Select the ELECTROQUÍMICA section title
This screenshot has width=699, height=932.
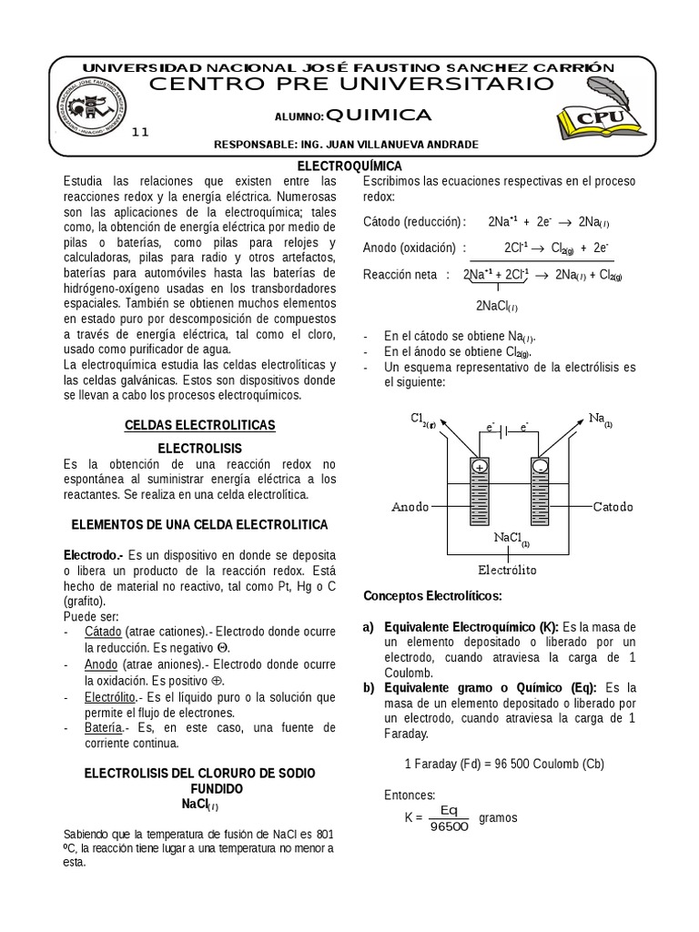tap(350, 166)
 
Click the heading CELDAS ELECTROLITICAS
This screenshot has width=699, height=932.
tap(198, 425)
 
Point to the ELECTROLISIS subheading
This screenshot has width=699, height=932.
tap(199, 449)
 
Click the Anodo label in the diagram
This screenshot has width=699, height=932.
tap(410, 506)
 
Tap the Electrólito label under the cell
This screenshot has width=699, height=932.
tap(507, 570)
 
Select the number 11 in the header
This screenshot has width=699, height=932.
tap(140, 132)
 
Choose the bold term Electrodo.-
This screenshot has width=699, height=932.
tap(93, 554)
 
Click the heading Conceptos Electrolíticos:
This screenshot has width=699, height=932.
tap(432, 596)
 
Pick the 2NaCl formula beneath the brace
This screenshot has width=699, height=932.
tap(496, 305)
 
